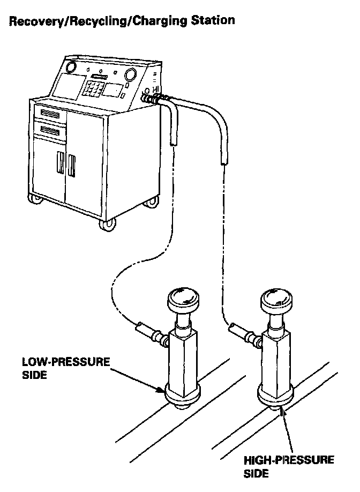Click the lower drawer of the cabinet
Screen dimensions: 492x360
(x=49, y=130)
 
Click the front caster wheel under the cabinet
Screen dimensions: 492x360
(x=107, y=225)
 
